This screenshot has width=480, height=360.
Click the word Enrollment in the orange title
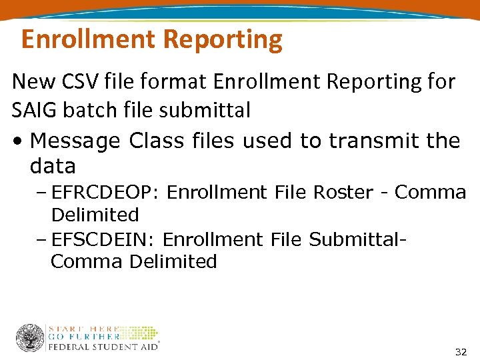click(x=87, y=40)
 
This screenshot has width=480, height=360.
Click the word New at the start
click(x=35, y=82)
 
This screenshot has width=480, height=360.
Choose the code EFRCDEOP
click(x=105, y=193)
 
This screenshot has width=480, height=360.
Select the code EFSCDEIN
click(x=103, y=239)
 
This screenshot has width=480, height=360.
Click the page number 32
click(x=460, y=351)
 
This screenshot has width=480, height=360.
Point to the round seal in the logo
click(x=29, y=338)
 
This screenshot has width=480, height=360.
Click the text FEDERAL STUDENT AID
click(x=103, y=347)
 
